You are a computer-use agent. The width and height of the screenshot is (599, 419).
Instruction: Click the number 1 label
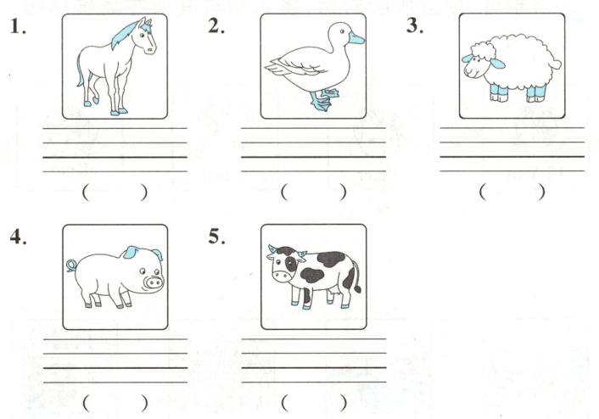tap(18, 26)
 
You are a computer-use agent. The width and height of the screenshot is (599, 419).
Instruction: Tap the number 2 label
tap(216, 26)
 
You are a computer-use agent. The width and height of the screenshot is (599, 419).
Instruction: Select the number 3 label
tap(415, 25)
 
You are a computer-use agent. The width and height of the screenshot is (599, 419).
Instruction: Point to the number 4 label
tap(19, 237)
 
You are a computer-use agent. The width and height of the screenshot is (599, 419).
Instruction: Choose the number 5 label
tap(216, 237)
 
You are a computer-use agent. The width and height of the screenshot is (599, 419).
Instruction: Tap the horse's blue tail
tap(80, 70)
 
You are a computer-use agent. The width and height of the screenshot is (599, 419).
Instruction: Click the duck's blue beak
tap(356, 38)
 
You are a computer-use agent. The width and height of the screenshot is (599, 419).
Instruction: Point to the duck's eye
tap(342, 31)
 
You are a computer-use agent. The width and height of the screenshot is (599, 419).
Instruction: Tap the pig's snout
tap(154, 282)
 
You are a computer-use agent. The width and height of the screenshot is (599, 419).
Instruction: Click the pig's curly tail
tap(71, 265)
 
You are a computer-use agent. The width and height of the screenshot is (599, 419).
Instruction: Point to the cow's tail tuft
tap(357, 288)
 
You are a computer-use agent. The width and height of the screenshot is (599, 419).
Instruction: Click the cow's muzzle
tap(282, 276)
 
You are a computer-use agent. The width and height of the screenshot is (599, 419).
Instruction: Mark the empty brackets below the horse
tap(115, 193)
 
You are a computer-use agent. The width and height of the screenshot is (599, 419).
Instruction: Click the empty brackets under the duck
tap(314, 193)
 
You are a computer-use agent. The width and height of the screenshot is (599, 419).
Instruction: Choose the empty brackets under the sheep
tap(512, 192)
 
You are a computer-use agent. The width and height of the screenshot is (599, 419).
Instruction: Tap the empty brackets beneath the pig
tap(115, 403)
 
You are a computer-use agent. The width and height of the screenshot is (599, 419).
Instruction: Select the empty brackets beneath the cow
tap(314, 403)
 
